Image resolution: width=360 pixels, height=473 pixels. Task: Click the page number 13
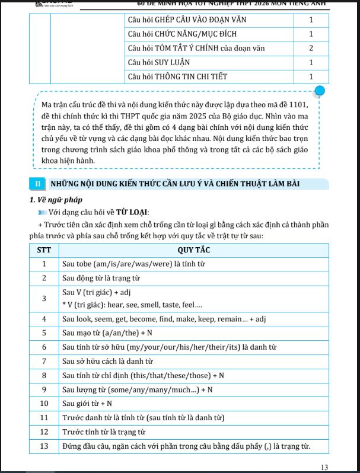tap(324, 466)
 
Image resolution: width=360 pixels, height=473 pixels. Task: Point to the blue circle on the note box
tap(320, 91)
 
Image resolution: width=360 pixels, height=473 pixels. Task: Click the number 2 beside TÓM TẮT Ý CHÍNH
tap(311, 48)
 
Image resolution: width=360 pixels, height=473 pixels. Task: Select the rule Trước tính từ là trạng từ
tap(104, 432)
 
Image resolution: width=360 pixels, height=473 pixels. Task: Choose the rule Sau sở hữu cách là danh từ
tap(108, 360)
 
